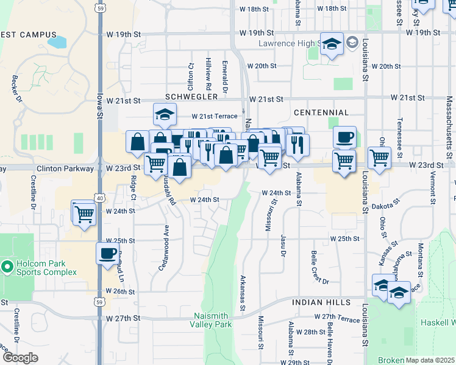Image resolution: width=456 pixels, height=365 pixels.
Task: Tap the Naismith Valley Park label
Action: pos(213,320)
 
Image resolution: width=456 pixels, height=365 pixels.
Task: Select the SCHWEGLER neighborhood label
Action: pos(191,97)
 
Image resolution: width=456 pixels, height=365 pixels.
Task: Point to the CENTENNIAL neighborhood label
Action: pos(321,113)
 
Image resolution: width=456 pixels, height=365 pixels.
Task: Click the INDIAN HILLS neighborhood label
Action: pos(321,302)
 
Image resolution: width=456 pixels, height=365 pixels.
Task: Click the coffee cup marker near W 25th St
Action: pos(108,254)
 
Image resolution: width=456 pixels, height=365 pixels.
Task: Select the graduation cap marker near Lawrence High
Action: pos(332,44)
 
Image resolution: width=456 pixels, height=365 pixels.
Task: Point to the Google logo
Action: pos(20,357)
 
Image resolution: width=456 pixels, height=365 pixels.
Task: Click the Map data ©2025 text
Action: pos(430,360)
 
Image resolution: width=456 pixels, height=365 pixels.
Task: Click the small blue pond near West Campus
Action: pos(57,43)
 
